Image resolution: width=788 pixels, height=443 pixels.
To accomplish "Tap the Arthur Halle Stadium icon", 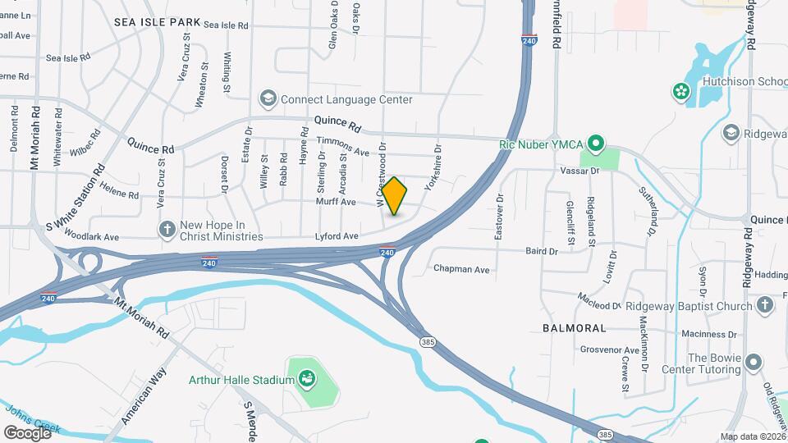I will [306, 379].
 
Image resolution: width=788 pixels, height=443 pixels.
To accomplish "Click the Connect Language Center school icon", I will [268, 99].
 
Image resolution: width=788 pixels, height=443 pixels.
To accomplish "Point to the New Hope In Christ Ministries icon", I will [167, 230].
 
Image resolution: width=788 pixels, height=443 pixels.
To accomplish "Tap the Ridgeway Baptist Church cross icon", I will [763, 306].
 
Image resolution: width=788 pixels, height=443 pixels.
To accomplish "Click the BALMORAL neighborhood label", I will [575, 327].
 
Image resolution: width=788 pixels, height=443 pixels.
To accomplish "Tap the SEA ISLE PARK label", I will [157, 22].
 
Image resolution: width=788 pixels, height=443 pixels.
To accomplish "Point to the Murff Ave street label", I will [338, 202].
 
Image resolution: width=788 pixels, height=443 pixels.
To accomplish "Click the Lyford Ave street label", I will [337, 236].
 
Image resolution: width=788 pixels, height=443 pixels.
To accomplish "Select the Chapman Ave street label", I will [461, 269].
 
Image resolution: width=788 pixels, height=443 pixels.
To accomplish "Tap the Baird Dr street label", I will [542, 251].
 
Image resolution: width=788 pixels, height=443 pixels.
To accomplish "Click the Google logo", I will [27, 432].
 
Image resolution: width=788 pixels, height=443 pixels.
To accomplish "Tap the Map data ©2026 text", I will [751, 436].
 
